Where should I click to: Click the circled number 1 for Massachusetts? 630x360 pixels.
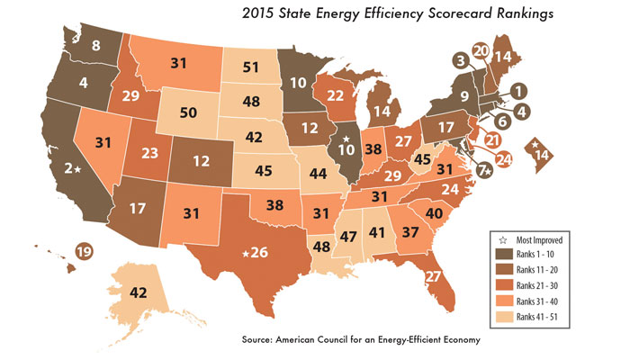tap(520, 90)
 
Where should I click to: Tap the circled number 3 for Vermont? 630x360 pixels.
tap(460, 61)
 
